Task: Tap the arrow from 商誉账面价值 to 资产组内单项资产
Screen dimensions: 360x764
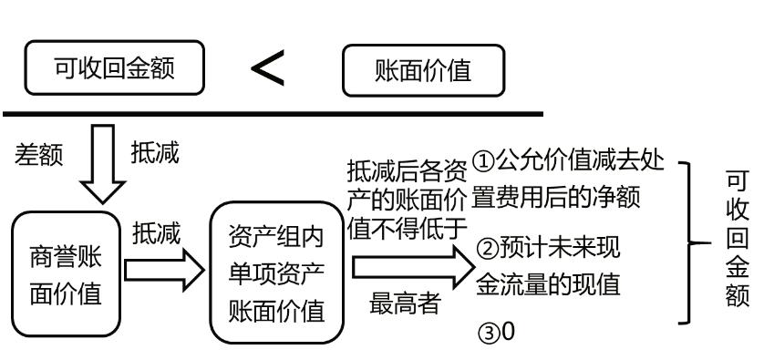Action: (x=163, y=272)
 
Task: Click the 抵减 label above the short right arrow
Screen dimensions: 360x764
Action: (x=156, y=234)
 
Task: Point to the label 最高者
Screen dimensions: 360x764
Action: (x=404, y=305)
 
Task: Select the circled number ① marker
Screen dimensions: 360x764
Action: (x=485, y=165)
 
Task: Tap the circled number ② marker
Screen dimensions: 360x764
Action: (x=485, y=249)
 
